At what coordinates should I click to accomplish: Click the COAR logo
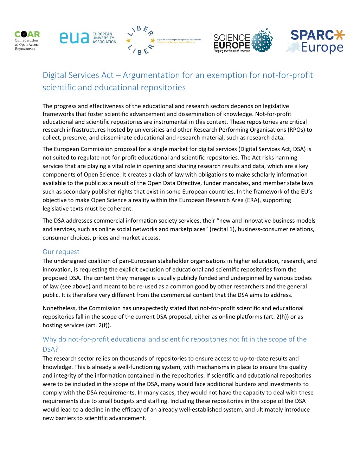(x=27, y=40)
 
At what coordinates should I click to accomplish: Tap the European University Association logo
(x=88, y=38)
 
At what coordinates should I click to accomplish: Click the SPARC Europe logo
(x=317, y=41)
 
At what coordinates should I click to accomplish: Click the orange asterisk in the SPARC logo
(x=340, y=35)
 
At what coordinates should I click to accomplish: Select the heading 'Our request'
(x=61, y=252)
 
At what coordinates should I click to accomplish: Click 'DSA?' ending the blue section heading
(x=51, y=349)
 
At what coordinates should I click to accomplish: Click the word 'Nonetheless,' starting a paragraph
(x=60, y=308)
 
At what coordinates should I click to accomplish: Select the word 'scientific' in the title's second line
(x=59, y=87)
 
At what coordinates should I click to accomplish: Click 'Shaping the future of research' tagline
(x=232, y=51)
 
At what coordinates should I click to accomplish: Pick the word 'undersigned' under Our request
(x=70, y=261)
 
